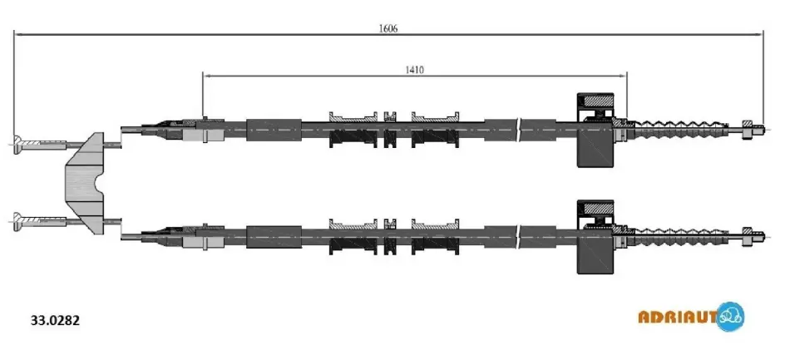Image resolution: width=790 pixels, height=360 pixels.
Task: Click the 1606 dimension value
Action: (388, 28)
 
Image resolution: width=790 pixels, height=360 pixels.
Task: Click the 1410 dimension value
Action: (415, 70)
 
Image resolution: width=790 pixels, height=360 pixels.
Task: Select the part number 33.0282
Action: (56, 320)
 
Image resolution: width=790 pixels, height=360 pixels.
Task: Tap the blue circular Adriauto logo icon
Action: (729, 317)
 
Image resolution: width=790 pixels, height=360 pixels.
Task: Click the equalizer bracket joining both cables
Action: (84, 183)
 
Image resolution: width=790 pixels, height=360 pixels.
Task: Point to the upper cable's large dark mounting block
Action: (595, 130)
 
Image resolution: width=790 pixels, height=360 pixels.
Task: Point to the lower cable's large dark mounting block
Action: (595, 237)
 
